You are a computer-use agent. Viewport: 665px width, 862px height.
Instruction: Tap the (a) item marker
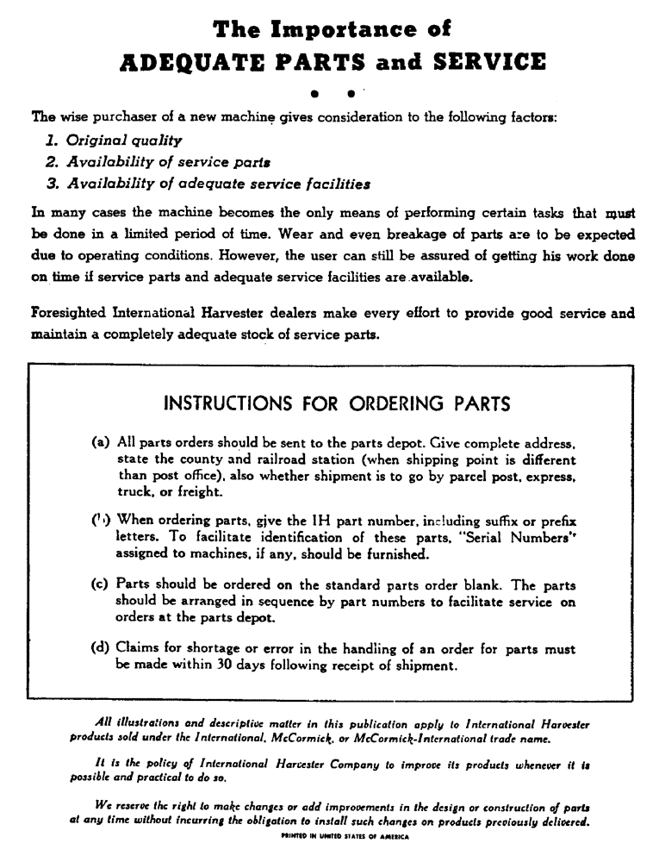(x=100, y=442)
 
